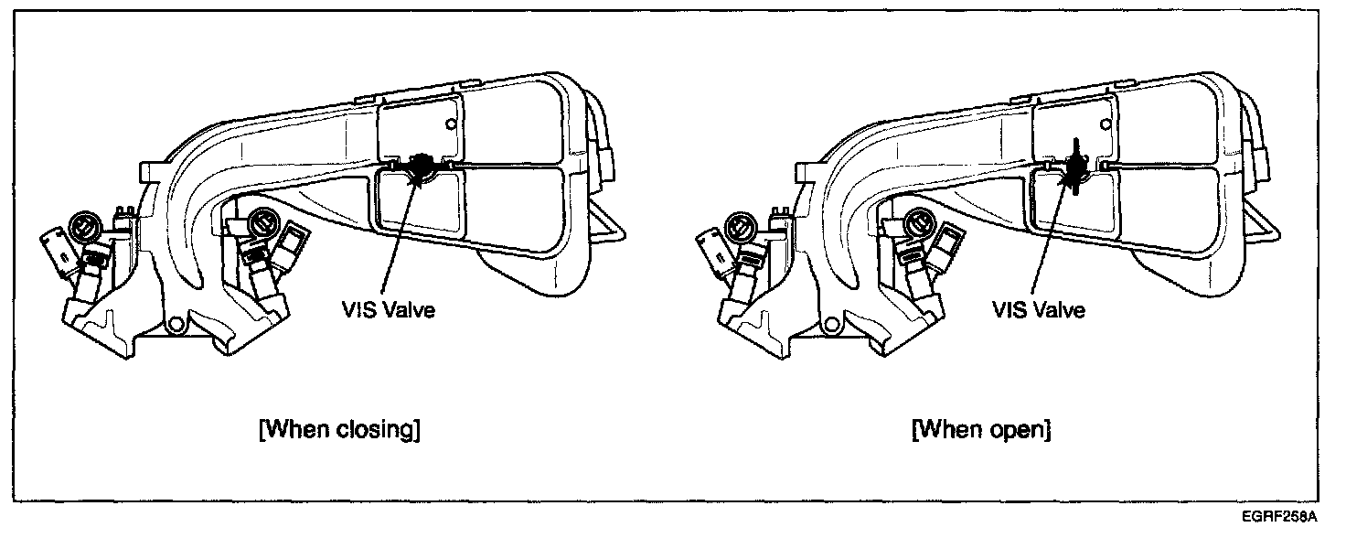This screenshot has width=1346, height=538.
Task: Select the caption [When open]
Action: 982,429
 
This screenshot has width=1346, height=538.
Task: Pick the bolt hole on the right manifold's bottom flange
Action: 831,322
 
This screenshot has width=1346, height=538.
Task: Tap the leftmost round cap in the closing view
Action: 82,224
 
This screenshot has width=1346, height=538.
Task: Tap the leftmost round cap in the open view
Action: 738,224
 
